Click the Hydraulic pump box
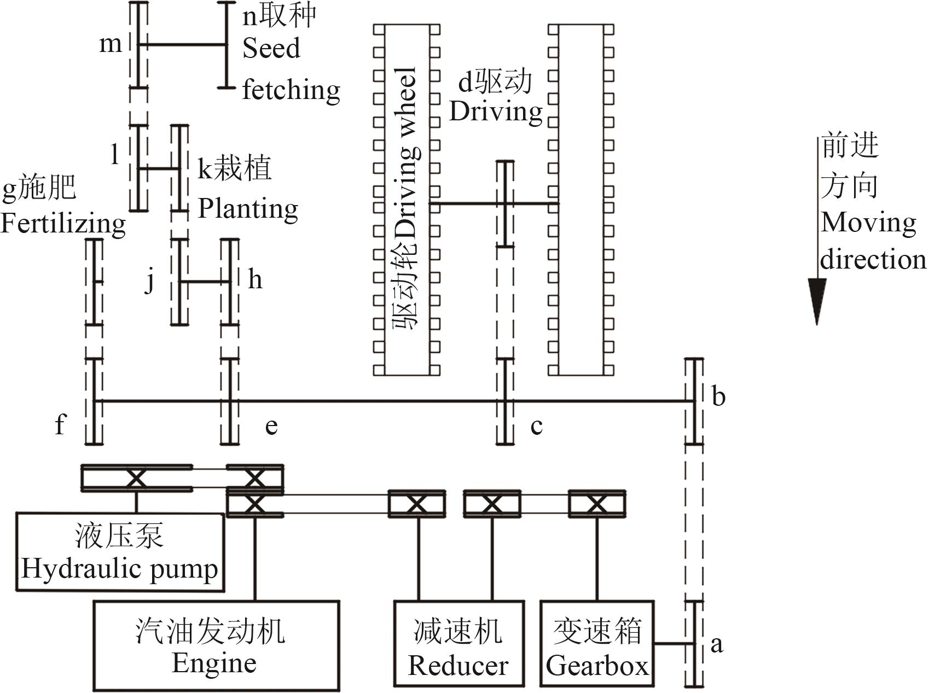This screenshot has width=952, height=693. point(120,552)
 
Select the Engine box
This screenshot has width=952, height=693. point(216,645)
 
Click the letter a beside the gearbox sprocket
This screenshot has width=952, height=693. point(717,644)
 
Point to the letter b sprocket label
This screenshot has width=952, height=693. point(718,396)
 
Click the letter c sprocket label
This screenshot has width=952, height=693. point(536,426)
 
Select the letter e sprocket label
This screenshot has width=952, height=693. point(271,426)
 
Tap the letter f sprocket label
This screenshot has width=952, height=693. point(60,424)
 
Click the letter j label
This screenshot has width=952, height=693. point(149,281)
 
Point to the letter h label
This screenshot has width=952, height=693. point(255,280)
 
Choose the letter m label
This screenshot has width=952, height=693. point(110,43)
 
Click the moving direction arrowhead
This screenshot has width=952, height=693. point(817,301)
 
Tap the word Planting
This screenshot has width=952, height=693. point(247,209)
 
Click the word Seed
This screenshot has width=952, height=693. point(271,48)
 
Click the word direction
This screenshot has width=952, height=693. point(873,260)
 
